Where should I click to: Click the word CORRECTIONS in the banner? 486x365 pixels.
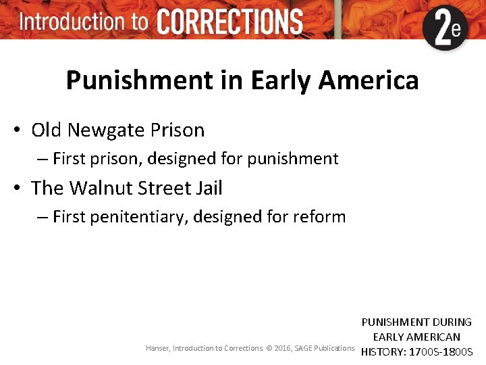230,22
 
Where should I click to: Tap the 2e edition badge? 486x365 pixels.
446,28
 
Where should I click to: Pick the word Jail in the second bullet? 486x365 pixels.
208,188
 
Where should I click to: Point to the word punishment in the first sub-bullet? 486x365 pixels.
292,160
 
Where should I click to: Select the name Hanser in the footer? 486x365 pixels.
157,348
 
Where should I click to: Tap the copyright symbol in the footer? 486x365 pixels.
269,348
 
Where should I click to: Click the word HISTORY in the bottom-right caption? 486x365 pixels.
385,351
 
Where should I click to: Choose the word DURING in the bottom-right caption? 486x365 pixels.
452,322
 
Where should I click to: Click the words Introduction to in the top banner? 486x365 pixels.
84,21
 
